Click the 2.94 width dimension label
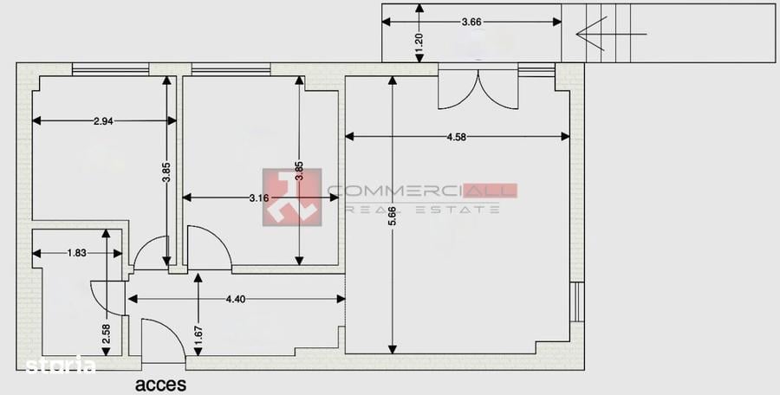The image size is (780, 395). tap(103, 121)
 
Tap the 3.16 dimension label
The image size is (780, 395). tap(258, 198)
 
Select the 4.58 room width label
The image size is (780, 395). tap(458, 136)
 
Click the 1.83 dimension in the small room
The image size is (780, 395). tap(76, 253)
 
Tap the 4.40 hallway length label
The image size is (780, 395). tap(235, 299)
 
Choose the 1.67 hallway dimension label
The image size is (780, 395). tap(198, 334)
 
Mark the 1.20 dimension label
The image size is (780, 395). tap(419, 44)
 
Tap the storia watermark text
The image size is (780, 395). tap(61, 366)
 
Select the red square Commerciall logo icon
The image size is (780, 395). tap(292, 197)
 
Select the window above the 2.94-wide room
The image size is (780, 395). tap(110, 69)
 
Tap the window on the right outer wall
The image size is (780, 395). tap(576, 302)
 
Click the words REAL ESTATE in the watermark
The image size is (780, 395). tap(423, 209)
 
